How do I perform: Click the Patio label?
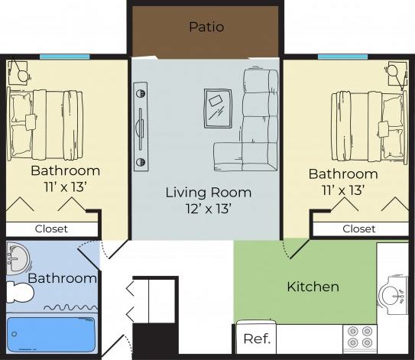point(206,27)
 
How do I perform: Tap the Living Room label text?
point(208,192)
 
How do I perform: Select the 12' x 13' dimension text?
point(208,207)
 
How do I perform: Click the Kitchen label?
point(313,287)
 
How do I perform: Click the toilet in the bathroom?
point(19,290)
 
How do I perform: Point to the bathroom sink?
point(17,259)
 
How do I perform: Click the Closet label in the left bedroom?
point(51,229)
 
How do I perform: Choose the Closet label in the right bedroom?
point(358,229)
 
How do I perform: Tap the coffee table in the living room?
point(219,108)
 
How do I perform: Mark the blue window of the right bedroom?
point(342,56)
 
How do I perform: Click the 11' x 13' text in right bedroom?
point(342,190)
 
